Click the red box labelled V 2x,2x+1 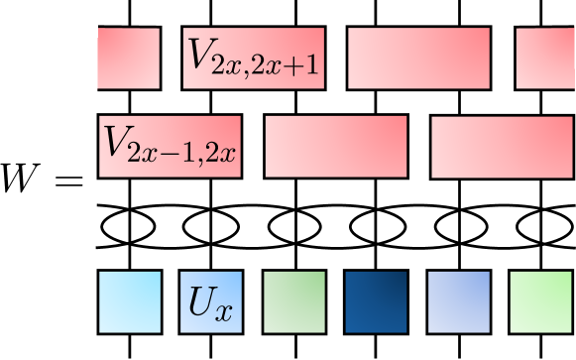click(254, 59)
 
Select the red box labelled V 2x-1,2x click(170, 147)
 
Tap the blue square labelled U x click(211, 301)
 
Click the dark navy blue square click(376, 301)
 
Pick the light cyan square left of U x click(129, 301)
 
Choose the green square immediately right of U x click(293, 301)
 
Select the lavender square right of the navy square click(458, 301)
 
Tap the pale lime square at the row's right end click(540, 301)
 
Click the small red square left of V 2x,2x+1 click(128, 59)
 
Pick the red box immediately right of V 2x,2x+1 click(419, 59)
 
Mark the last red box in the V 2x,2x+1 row click(545, 59)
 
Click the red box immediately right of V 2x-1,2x click(336, 147)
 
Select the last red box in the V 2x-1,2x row click(503, 147)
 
